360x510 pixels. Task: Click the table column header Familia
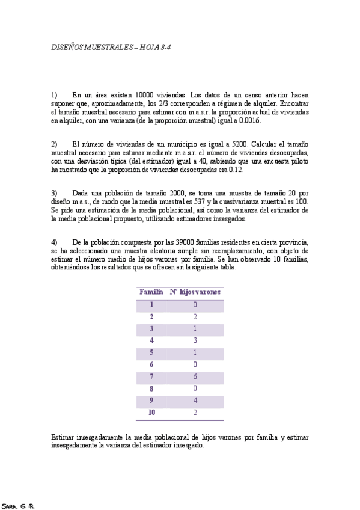click(151, 292)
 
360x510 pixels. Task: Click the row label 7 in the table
click(151, 376)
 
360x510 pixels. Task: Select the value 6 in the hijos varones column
click(195, 376)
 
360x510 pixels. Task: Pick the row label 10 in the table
click(151, 413)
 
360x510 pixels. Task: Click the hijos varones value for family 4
click(195, 340)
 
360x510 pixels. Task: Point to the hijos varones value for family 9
click(195, 401)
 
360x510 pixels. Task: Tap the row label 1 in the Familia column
click(151, 305)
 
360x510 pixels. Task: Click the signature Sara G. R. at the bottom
click(18, 505)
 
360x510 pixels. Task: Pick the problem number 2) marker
click(54, 145)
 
